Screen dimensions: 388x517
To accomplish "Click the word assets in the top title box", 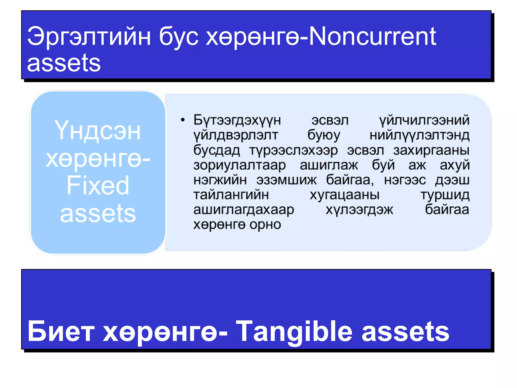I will (64, 63).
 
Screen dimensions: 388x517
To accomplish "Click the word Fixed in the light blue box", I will (98, 185).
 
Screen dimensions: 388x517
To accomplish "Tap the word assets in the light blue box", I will (98, 213).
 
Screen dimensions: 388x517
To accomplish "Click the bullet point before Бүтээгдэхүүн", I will (183, 120).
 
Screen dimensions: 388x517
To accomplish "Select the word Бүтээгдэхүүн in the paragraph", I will (237, 120).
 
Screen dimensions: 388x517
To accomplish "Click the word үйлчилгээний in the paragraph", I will (424, 120).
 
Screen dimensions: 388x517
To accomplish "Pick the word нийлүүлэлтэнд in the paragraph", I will (419, 135).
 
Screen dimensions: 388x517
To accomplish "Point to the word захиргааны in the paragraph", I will (431, 150).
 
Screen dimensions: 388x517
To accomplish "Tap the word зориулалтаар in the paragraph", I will (240, 165).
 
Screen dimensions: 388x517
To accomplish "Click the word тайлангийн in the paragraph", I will (231, 195).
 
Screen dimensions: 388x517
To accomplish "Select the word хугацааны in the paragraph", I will (345, 195).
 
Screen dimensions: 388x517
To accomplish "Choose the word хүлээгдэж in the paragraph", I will (359, 210).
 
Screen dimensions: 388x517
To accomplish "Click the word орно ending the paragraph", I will (265, 224).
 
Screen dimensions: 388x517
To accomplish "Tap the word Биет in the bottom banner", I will (61, 331).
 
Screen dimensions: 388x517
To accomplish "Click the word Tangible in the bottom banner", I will (294, 331).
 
